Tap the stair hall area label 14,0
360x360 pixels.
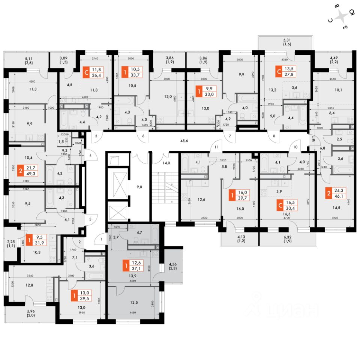166,163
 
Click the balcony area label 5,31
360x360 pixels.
287,40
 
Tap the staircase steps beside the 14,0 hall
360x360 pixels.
165,189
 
